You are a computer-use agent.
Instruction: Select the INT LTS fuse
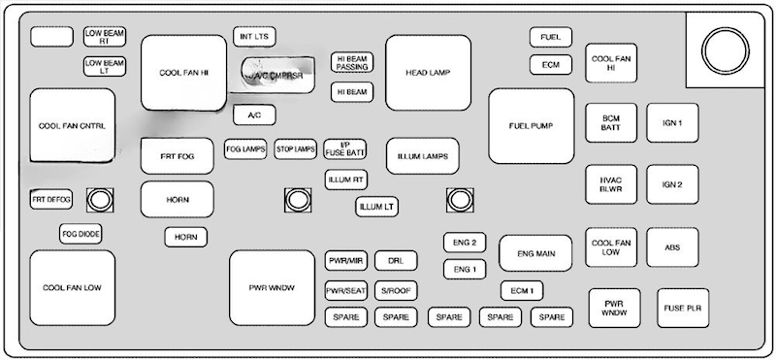coord(255,37)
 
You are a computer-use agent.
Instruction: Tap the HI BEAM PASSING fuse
coord(352,62)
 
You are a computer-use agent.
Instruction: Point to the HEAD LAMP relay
coord(428,73)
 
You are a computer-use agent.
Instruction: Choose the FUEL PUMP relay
coord(531,126)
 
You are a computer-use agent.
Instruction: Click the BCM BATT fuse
coord(611,123)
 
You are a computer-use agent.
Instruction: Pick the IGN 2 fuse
coord(672,183)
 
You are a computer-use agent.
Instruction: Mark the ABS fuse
coord(672,247)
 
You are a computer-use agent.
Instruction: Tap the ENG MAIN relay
coord(535,253)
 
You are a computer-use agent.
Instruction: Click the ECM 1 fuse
coord(522,290)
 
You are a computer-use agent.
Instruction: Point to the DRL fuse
coord(396,261)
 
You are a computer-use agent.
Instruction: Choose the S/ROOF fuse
coord(396,290)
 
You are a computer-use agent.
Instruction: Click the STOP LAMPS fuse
coord(296,149)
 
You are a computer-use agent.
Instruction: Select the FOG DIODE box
coord(81,234)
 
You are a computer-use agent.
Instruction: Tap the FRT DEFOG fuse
coord(51,200)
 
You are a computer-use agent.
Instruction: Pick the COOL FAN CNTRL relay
coord(72,126)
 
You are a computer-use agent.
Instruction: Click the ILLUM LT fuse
coord(376,206)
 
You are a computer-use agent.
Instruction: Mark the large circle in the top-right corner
coord(723,48)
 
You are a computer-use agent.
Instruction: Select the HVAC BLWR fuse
coord(611,183)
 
